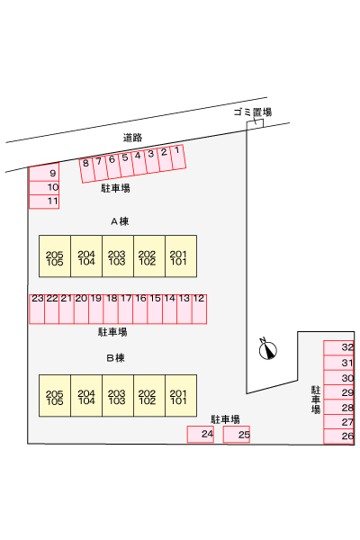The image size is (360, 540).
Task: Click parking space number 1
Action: [178, 157]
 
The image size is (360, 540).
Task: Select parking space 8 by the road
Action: [86, 170]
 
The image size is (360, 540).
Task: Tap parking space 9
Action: [44, 174]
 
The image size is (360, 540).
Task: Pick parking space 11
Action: [44, 202]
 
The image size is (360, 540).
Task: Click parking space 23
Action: [37, 309]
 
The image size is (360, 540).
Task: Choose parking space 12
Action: [199, 309]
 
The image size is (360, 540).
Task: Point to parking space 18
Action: [111, 309]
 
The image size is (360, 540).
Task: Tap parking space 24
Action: [201, 435]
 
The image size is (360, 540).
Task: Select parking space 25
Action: [237, 435]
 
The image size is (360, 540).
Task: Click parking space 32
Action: [339, 347]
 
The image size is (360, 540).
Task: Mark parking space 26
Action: [339, 436]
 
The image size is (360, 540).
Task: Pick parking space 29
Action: [339, 392]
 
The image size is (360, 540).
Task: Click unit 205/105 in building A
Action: [55, 256]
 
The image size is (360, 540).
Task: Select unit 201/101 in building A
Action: [181, 256]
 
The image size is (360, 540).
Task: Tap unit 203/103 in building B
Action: [118, 396]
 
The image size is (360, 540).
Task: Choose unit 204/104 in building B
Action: [86, 396]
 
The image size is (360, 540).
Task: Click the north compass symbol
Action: [267, 349]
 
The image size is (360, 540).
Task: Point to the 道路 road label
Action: [132, 138]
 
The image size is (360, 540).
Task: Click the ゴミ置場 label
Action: [253, 112]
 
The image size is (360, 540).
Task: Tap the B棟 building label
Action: [116, 358]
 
